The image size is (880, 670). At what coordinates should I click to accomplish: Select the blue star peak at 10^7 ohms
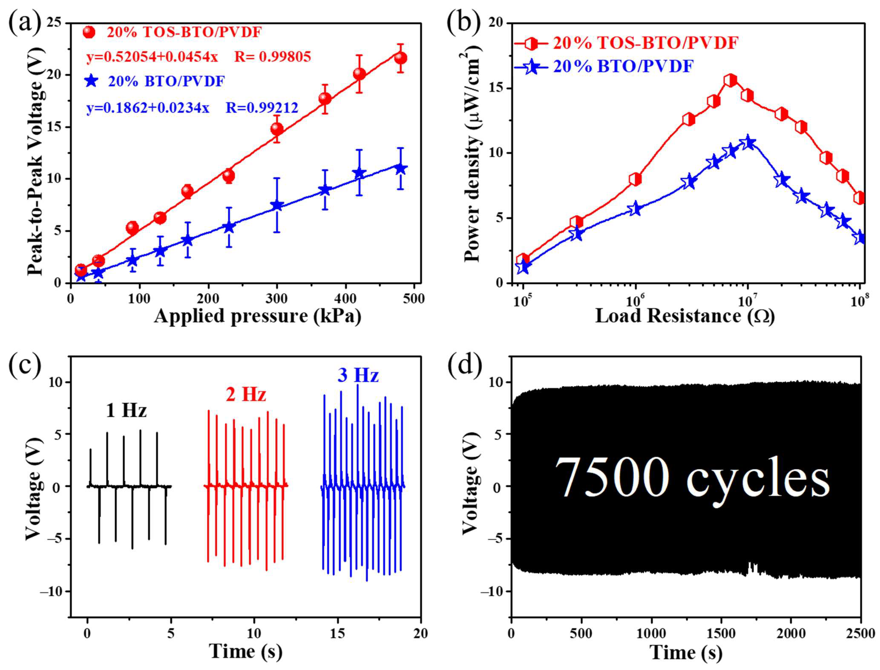(x=748, y=142)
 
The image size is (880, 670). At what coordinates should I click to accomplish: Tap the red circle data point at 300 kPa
(x=277, y=129)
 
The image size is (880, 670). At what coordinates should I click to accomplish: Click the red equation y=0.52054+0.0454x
(x=152, y=57)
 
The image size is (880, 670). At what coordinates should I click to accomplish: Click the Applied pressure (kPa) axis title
(x=258, y=316)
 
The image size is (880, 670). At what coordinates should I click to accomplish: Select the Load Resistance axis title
(x=685, y=316)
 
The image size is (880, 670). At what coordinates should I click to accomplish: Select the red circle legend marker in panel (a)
(x=89, y=32)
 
